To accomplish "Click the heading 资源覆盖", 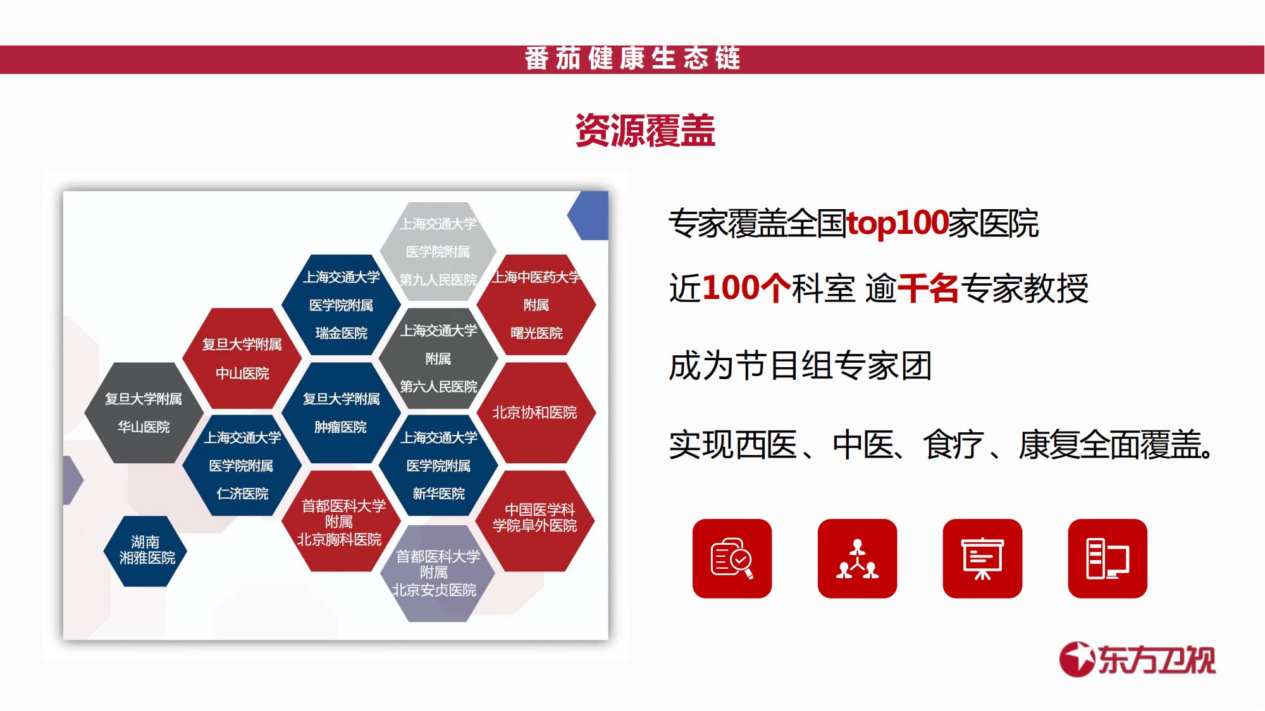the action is (x=645, y=131).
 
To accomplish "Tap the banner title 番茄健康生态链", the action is (x=632, y=59).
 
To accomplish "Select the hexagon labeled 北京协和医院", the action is (x=536, y=413).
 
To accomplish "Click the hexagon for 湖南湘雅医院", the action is (x=145, y=550).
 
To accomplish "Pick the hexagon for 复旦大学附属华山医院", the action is (x=144, y=413).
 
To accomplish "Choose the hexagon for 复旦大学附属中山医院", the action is (x=242, y=359).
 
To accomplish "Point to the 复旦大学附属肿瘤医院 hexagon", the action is (x=341, y=413).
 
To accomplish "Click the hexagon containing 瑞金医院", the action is (x=341, y=305).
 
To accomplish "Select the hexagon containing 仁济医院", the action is (x=242, y=466).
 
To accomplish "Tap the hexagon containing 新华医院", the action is (x=438, y=466).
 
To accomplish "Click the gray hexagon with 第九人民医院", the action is (x=438, y=252).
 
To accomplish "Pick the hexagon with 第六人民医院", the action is (x=438, y=359).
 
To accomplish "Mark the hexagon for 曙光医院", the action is (x=536, y=305).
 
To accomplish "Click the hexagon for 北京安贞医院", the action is (x=437, y=573).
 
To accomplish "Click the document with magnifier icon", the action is (x=732, y=559).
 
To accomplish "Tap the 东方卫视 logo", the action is (x=1137, y=660).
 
